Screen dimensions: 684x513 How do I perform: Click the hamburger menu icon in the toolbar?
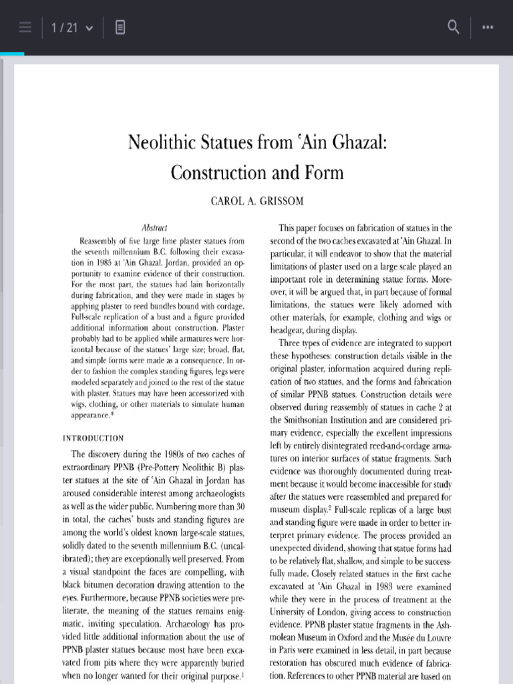coord(25,27)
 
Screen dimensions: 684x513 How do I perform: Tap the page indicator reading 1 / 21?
coord(69,27)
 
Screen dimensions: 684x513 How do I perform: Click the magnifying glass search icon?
coord(454,27)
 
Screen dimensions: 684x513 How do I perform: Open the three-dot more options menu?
coord(487,27)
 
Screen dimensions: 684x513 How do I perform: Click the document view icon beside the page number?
coord(120,27)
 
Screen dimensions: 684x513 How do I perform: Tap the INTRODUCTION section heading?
coord(93,438)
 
